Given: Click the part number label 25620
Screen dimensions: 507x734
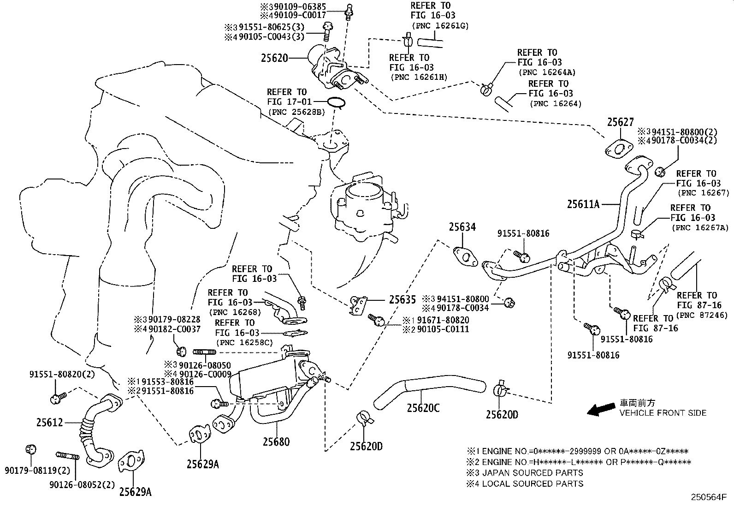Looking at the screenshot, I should pyautogui.click(x=274, y=58).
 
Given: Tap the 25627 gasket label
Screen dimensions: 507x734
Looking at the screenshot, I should pyautogui.click(x=620, y=122).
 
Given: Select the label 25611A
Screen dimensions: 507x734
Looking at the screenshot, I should pyautogui.click(x=583, y=204).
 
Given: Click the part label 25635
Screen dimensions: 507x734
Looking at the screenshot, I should pyautogui.click(x=402, y=299).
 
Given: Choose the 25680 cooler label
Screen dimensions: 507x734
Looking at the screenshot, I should pyautogui.click(x=276, y=441).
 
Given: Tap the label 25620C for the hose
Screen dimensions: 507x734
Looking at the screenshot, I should pyautogui.click(x=423, y=408).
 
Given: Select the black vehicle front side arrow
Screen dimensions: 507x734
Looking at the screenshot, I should pyautogui.click(x=602, y=408).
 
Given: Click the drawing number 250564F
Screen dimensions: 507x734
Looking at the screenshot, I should pyautogui.click(x=708, y=497).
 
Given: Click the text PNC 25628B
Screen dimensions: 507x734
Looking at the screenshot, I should pyautogui.click(x=296, y=112).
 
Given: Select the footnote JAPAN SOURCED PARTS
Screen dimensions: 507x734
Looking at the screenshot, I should pyautogui.click(x=532, y=473).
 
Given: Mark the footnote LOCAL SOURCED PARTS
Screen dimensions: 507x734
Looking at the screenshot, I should pyautogui.click(x=532, y=483).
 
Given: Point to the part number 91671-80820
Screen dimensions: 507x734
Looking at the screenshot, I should pyautogui.click(x=441, y=320).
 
